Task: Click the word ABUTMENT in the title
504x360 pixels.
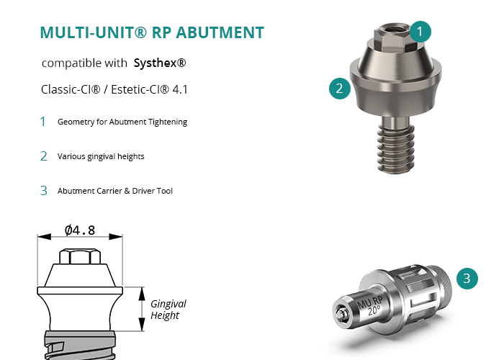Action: (x=220, y=32)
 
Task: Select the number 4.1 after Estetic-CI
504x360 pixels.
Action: (x=180, y=89)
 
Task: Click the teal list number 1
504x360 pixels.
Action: (x=42, y=122)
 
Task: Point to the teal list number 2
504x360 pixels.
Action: (x=44, y=156)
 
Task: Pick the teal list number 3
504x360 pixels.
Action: (x=44, y=191)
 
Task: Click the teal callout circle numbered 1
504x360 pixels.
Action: (x=420, y=32)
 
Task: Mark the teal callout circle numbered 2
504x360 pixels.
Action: (x=340, y=89)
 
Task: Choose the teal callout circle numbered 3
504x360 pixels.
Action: (x=467, y=279)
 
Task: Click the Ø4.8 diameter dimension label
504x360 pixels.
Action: (x=80, y=230)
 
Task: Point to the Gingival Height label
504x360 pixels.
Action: (x=168, y=310)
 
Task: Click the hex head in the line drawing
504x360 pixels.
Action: (x=80, y=256)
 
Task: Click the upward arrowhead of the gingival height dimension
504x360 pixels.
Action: (x=142, y=294)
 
